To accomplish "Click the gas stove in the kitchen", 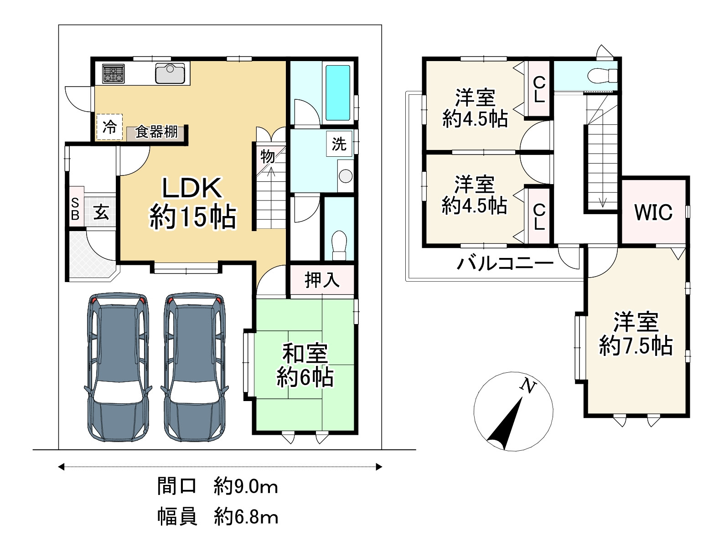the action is pos(113,73).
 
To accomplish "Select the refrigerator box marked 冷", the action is pos(109,127).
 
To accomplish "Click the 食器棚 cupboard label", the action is pos(156,132).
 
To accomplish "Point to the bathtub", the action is pos(338,93).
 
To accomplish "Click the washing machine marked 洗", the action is pos(339,144).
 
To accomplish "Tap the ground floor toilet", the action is pos(339,245).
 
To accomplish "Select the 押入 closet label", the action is pos(322,280).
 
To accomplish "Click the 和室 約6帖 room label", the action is pos(305,366).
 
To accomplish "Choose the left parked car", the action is pos(118,367).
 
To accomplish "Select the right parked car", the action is pos(195,367).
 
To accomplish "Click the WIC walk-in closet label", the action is pos(653,212).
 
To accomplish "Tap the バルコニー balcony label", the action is pos(505,263).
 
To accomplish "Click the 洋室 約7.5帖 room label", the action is pos(636,333).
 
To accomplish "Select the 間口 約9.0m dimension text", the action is pos(217,486).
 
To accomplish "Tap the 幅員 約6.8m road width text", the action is pos(217,517).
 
